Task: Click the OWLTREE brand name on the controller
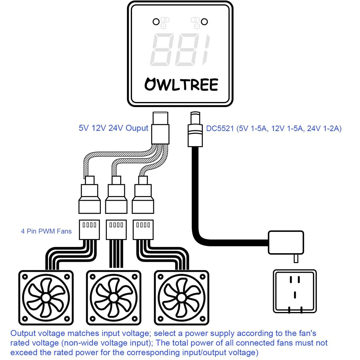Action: coord(181,84)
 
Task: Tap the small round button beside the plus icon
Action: coord(156,22)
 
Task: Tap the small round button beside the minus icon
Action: coord(204,22)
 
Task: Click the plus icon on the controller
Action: coord(163,26)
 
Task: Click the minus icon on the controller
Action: coord(197,26)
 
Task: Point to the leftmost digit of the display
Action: coord(162,49)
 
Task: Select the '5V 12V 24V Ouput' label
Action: coord(113,128)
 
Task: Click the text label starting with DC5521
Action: coord(274,128)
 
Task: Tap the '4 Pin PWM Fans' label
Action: coord(46,231)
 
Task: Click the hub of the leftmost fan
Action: coord(46,298)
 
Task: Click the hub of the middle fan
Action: coord(113,298)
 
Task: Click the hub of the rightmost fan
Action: coord(181,298)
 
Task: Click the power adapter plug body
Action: coord(286,242)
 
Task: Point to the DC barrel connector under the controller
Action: coord(195,129)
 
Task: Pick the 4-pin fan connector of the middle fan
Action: coord(116,229)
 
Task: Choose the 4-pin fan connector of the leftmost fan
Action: coord(89,229)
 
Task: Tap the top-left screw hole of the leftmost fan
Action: coord(25,277)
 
